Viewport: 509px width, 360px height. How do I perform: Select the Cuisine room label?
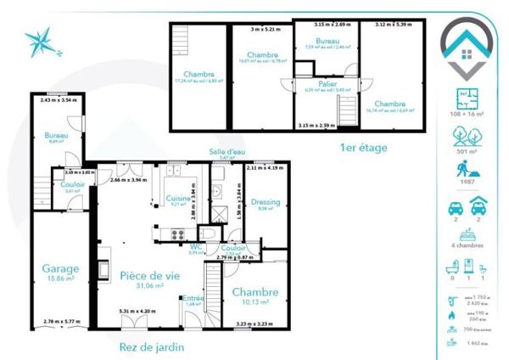point(177,197)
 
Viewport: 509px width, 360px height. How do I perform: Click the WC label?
point(196,247)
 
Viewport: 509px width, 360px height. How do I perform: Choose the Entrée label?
point(192,298)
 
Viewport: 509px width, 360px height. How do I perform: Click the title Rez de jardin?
point(152,346)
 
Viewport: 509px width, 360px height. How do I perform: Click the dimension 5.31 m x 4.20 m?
point(137,311)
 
